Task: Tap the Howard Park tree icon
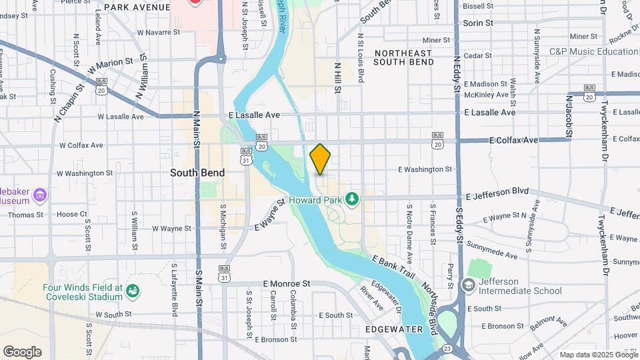tap(352, 199)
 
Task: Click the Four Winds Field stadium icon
tap(133, 291)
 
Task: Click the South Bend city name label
tap(197, 173)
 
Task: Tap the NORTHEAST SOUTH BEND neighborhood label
tap(403, 57)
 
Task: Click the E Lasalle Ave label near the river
tap(254, 115)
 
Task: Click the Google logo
tap(22, 352)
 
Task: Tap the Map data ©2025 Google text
tap(598, 355)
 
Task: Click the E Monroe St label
tap(287, 283)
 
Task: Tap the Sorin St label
tap(478, 23)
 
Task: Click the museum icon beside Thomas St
tap(39, 195)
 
